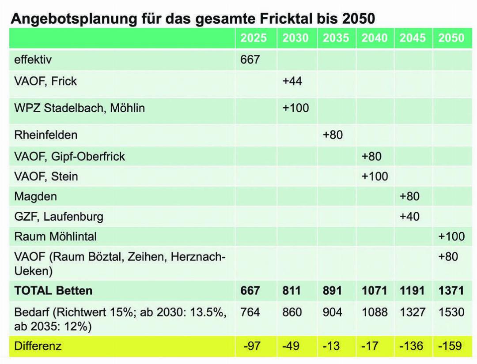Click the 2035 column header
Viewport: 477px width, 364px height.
click(336, 38)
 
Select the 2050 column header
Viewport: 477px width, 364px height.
click(451, 38)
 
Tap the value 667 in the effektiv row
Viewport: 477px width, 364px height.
click(250, 60)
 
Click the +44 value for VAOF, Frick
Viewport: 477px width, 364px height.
click(292, 81)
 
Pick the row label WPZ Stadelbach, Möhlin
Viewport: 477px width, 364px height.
click(79, 108)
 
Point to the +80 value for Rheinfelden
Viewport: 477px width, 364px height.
click(333, 135)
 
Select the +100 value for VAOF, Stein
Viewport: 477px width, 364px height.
click(375, 176)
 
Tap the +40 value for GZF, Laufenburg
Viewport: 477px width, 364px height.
click(409, 216)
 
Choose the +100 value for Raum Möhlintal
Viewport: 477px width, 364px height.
click(451, 236)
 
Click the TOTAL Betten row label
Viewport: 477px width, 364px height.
click(53, 290)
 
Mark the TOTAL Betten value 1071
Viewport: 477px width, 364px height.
click(375, 290)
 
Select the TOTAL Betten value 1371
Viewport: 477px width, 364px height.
click(451, 290)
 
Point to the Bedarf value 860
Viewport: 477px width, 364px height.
click(292, 312)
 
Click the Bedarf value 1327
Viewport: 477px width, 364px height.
click(413, 312)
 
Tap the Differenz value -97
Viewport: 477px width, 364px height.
click(253, 346)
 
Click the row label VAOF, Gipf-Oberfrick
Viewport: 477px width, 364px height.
click(70, 156)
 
